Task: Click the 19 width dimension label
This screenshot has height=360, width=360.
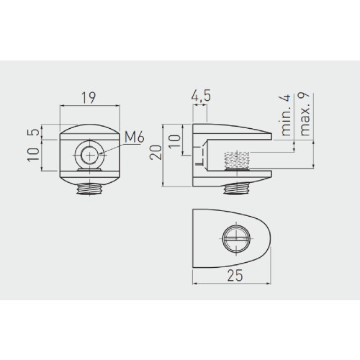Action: (89, 98)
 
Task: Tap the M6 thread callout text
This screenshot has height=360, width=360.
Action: (135, 137)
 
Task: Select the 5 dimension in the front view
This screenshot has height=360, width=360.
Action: (35, 132)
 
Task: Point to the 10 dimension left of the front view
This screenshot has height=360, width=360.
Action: (33, 155)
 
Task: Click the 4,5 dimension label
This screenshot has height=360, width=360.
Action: (201, 96)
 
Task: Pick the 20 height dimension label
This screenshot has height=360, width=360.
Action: (156, 153)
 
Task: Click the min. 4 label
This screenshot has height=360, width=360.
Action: (285, 115)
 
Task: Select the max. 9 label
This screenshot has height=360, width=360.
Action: (303, 114)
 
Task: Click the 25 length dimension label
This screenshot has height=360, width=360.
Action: (235, 275)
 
